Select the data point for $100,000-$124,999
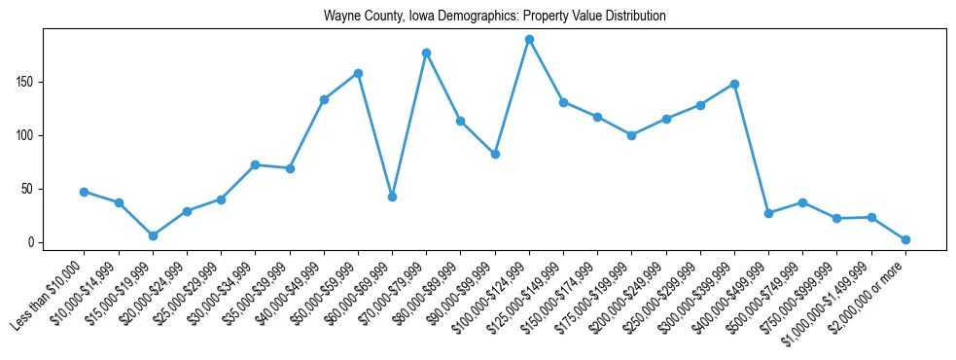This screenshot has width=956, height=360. click(529, 39)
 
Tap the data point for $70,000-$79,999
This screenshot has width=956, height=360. click(426, 53)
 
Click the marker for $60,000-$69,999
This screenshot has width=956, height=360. click(392, 197)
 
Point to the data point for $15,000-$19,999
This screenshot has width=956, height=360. click(153, 235)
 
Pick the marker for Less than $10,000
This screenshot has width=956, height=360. click(85, 192)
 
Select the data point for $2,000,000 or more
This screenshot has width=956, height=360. click(905, 239)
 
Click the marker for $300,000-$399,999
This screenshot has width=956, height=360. click(734, 84)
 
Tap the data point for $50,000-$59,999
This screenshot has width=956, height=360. click(358, 73)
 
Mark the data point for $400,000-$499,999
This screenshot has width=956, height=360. click(768, 213)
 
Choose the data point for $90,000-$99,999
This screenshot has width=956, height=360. click(495, 154)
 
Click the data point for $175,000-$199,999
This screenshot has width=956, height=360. click(631, 135)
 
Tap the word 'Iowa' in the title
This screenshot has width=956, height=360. click(411, 17)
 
